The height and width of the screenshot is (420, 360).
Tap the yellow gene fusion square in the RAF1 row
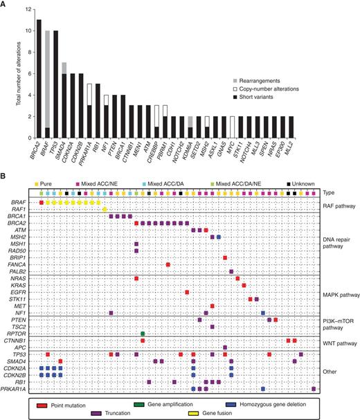pos(105,210)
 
